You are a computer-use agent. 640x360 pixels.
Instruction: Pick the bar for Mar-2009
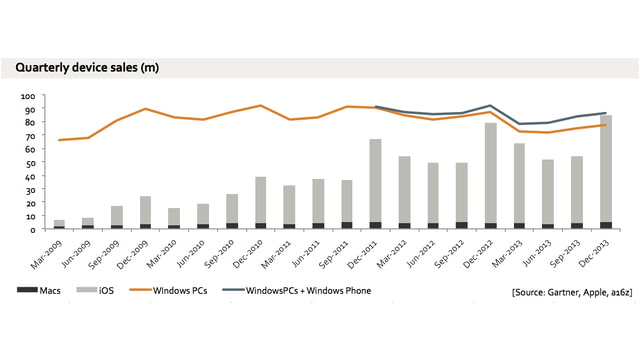coord(59,224)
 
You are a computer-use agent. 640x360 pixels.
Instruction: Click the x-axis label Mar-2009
coord(48,252)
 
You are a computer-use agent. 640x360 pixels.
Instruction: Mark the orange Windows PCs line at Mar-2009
coord(59,140)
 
